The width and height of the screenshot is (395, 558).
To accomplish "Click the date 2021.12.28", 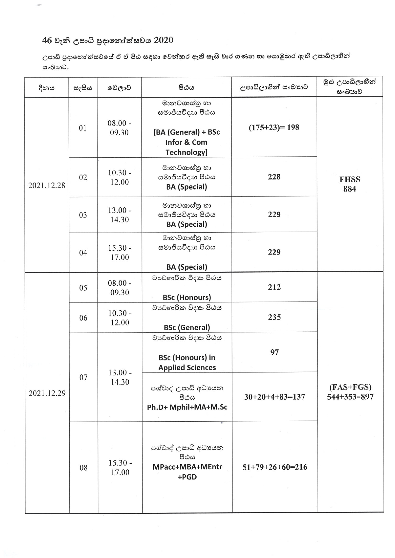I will pyautogui.click(x=47, y=185).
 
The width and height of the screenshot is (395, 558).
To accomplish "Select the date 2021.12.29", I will pyautogui.click(x=47, y=393).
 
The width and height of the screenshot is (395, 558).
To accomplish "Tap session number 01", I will pyautogui.click(x=83, y=128).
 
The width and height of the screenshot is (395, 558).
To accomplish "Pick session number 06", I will pyautogui.click(x=83, y=318).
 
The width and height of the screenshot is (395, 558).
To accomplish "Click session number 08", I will pyautogui.click(x=83, y=468).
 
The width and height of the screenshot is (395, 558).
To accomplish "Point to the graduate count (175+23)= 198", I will pyautogui.click(x=274, y=128).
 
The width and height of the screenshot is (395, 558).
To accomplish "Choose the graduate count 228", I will pyautogui.click(x=274, y=177).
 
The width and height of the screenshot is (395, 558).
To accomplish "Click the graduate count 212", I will pyautogui.click(x=274, y=287).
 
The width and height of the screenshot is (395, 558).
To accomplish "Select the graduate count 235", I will pyautogui.click(x=274, y=317).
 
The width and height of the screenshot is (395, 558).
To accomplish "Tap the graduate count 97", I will pyautogui.click(x=274, y=352).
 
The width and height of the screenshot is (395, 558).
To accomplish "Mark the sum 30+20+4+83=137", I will pyautogui.click(x=275, y=397).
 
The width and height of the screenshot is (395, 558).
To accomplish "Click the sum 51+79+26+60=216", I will pyautogui.click(x=275, y=467).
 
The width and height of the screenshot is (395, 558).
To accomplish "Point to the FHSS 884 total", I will pyautogui.click(x=350, y=184).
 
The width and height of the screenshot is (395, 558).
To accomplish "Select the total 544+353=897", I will pyautogui.click(x=350, y=397).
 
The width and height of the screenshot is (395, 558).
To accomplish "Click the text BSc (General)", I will pyautogui.click(x=187, y=328).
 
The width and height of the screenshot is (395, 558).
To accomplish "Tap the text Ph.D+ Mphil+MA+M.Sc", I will pyautogui.click(x=187, y=407).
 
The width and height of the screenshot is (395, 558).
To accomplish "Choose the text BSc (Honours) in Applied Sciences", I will pyautogui.click(x=187, y=363).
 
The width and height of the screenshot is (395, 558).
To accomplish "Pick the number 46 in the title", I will pyautogui.click(x=47, y=40).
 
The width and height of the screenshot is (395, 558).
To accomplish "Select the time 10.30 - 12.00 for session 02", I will pyautogui.click(x=119, y=178).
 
